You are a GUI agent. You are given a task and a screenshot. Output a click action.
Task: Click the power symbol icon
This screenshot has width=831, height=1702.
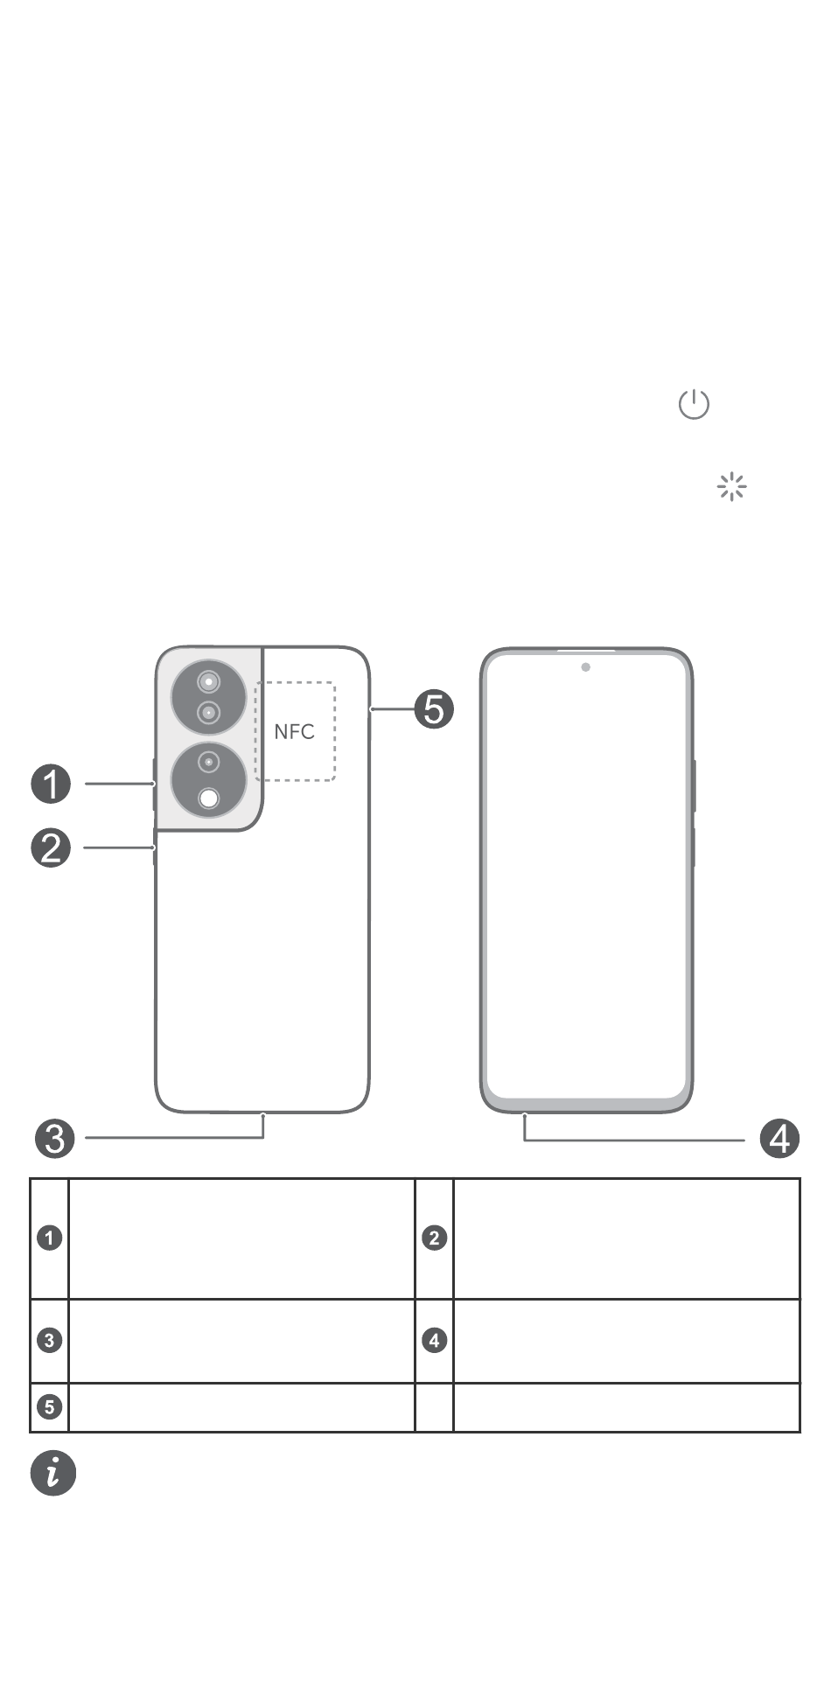(x=694, y=404)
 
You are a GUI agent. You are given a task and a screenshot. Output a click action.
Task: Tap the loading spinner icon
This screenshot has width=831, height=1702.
(x=731, y=486)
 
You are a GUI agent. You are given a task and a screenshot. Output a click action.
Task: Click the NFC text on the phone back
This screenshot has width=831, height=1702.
(x=294, y=731)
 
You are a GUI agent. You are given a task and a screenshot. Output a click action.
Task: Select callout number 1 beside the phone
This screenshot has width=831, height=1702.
(x=51, y=784)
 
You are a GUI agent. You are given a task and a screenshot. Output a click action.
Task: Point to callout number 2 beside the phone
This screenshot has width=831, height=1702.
(x=51, y=848)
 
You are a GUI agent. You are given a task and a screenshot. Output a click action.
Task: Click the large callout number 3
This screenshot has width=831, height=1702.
(x=54, y=1138)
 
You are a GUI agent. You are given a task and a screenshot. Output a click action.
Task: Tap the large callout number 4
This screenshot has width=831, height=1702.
(x=779, y=1139)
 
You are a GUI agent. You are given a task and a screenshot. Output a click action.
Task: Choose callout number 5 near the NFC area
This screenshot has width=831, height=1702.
(x=434, y=708)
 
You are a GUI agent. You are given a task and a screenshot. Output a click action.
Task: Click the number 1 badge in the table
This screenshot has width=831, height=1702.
(x=50, y=1238)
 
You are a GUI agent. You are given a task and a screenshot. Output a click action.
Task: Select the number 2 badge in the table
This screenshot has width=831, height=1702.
(x=435, y=1238)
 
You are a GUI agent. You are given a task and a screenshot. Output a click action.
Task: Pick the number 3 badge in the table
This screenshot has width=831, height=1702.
(x=50, y=1340)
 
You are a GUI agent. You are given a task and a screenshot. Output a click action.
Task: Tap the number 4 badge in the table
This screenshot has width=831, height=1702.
(x=435, y=1340)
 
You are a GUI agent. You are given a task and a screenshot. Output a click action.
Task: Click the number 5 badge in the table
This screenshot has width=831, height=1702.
(x=50, y=1406)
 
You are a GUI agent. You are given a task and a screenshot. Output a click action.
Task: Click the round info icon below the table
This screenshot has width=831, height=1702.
(x=53, y=1473)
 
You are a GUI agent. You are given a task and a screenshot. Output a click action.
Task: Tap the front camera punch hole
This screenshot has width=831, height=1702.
(x=585, y=667)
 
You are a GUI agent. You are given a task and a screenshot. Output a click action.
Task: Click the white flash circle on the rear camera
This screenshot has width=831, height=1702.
(x=209, y=798)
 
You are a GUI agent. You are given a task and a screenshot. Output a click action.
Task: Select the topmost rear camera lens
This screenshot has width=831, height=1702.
(x=208, y=681)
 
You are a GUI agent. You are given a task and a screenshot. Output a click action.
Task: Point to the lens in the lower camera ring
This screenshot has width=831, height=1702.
(x=208, y=762)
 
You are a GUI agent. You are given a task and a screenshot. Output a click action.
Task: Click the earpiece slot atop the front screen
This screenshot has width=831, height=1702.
(x=586, y=651)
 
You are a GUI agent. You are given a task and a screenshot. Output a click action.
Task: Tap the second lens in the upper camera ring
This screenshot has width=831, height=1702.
(x=208, y=714)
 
